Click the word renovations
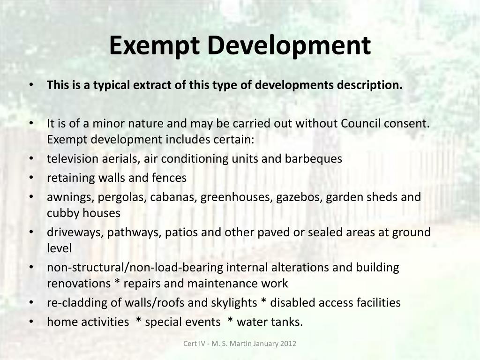click(x=79, y=284)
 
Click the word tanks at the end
click(x=287, y=322)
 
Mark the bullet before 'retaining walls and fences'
click(x=31, y=178)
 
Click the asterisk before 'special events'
click(x=139, y=320)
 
